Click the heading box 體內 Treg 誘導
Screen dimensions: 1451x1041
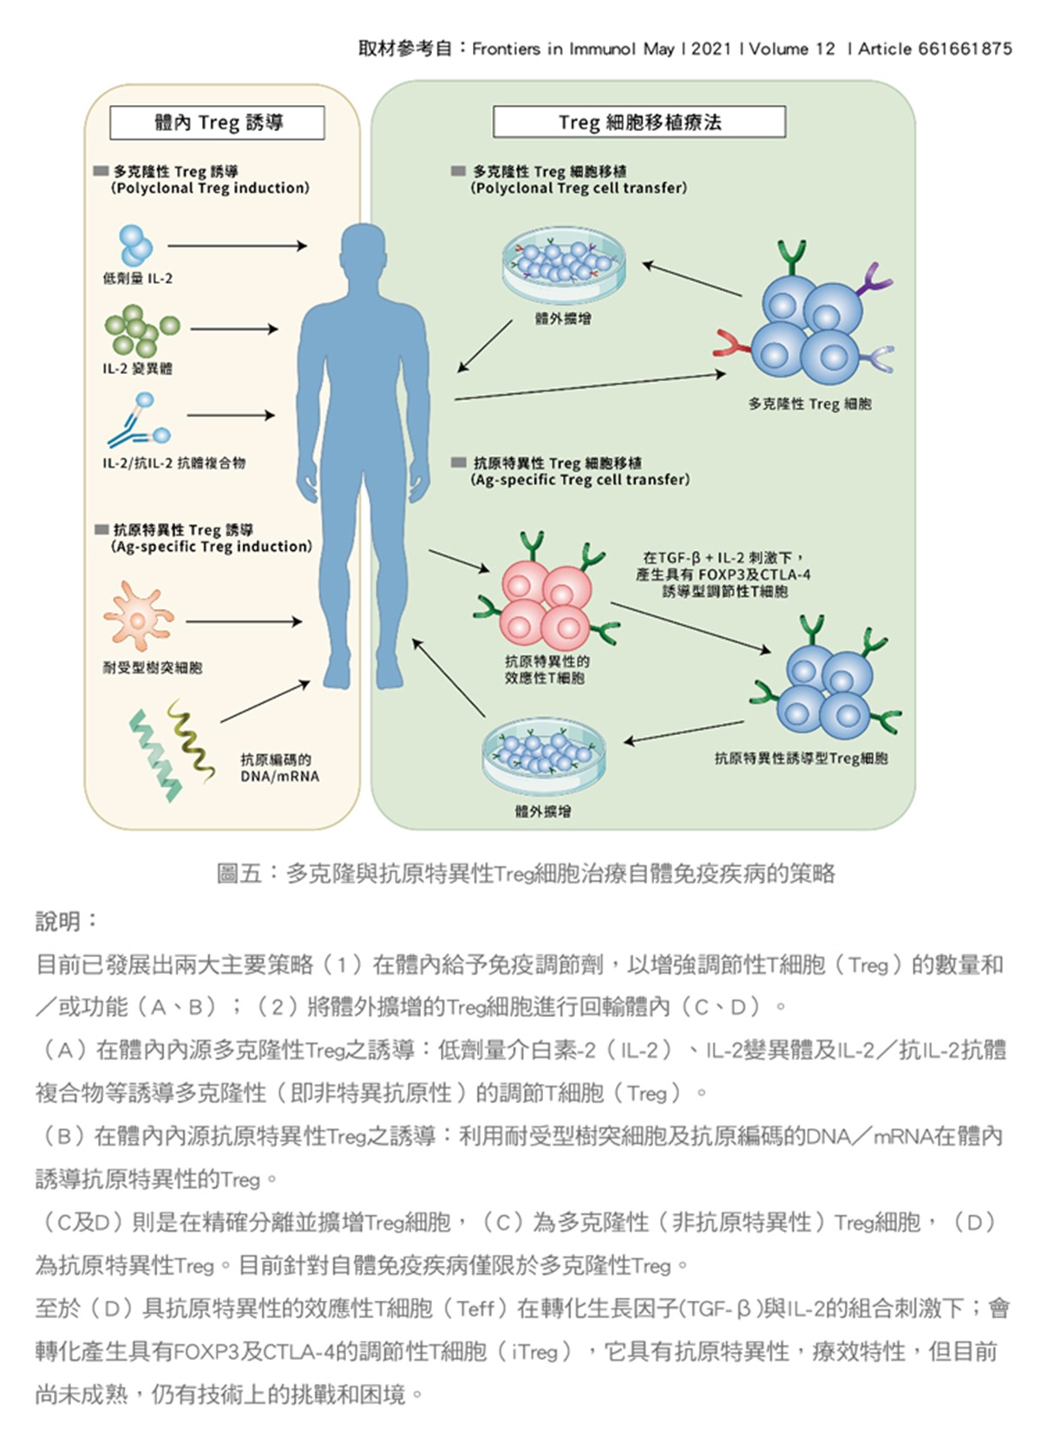click(x=217, y=122)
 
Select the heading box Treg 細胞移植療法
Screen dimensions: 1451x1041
click(x=639, y=122)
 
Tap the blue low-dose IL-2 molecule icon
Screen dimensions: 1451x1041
click(x=135, y=245)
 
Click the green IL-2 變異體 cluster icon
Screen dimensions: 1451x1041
click(x=140, y=330)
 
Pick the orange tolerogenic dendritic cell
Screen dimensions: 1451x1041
click(x=137, y=616)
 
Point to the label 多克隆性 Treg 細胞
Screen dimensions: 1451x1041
click(x=809, y=404)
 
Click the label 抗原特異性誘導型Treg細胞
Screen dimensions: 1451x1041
click(x=801, y=758)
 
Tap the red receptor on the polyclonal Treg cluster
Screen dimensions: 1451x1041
click(x=731, y=345)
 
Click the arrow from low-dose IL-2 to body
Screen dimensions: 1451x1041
click(x=236, y=246)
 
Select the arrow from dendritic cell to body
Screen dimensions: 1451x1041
click(x=243, y=621)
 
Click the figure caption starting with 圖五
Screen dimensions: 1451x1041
click(x=526, y=873)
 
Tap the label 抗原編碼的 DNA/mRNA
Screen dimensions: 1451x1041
click(x=279, y=768)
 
